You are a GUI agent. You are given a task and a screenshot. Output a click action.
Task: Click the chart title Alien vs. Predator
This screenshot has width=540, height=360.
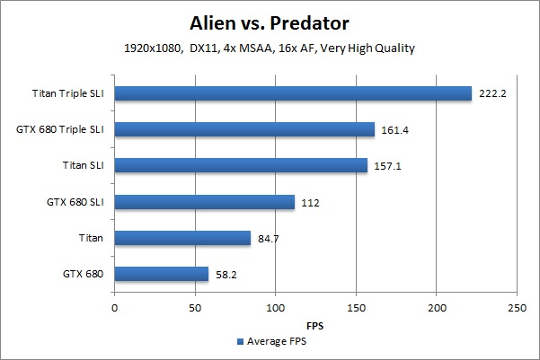point(270,22)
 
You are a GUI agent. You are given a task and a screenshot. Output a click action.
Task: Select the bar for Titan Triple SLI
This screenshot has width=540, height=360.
point(293,93)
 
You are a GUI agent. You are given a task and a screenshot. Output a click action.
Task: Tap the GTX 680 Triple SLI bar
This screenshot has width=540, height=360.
point(244,129)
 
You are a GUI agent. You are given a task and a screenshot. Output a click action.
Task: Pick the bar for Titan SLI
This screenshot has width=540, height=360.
point(241,165)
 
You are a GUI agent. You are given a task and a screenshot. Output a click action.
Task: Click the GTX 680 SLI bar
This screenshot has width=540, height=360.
point(205,202)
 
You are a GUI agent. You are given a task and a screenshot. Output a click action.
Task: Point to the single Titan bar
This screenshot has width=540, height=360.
point(182,238)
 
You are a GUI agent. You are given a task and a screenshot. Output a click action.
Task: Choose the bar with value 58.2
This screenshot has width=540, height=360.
point(162,274)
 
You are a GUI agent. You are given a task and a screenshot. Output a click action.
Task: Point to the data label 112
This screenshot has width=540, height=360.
point(309,202)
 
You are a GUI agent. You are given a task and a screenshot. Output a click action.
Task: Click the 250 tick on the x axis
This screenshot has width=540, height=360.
point(517,308)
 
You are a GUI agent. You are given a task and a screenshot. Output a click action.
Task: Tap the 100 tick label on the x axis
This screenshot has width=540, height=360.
point(275,308)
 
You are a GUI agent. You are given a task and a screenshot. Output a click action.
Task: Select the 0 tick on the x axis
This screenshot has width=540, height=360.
point(115,308)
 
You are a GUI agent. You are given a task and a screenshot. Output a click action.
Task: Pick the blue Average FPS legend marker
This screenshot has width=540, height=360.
point(240,342)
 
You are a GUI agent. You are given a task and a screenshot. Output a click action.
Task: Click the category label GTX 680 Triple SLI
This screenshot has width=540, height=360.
point(60,129)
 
